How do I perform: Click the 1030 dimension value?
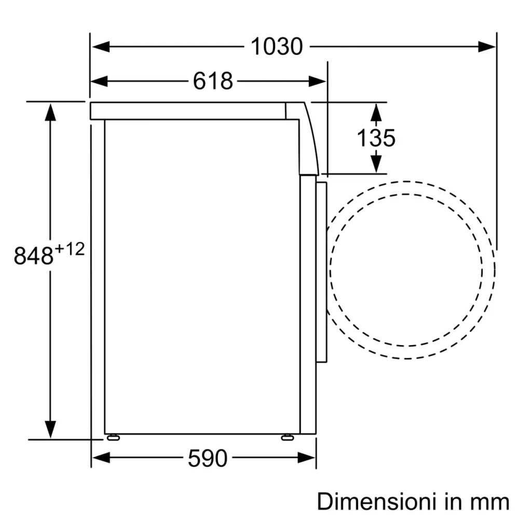pos(277,47)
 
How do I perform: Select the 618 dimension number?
pos(213,81)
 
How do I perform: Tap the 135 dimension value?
pos(376,138)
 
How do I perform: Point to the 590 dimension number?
pos(207,458)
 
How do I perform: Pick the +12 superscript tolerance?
pos(69,249)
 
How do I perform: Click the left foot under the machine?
pos(112,438)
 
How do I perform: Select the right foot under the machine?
pos(286,438)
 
